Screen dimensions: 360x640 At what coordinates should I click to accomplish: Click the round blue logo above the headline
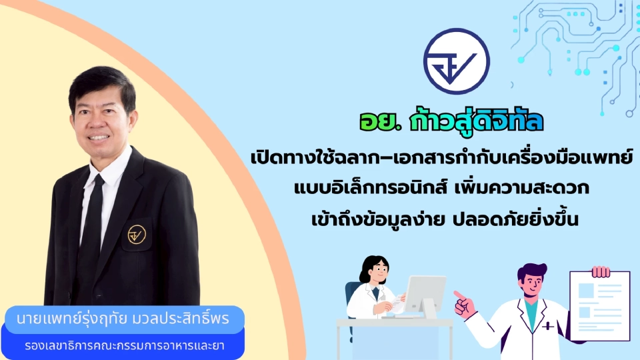[457, 61]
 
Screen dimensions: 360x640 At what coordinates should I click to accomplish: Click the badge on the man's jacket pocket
[137, 234]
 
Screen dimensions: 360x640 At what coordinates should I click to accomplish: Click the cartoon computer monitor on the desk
[425, 293]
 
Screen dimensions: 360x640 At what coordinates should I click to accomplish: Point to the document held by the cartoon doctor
[599, 304]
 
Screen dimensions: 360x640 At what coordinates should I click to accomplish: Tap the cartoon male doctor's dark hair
[532, 273]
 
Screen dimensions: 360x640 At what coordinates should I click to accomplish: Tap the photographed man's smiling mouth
[100, 138]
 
